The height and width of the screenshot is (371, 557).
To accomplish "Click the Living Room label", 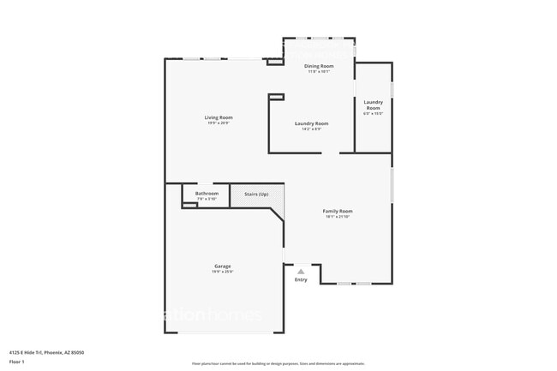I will point(219,117).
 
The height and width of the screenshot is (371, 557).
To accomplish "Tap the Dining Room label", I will point(320,66).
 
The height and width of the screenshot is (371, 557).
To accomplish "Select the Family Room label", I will point(338,211).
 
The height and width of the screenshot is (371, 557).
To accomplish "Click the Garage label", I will point(222,266).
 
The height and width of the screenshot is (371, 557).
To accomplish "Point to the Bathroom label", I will point(207,194).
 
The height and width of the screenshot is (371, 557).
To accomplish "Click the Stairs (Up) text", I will point(256,194).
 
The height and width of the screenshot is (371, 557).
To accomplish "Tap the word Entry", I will point(301,280).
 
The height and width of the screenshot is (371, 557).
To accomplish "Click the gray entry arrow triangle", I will point(301,272).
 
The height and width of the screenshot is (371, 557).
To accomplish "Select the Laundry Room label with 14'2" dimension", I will point(311,123).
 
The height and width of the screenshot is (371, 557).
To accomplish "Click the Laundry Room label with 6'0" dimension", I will point(373,105).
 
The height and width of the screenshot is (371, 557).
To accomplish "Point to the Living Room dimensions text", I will point(219,123).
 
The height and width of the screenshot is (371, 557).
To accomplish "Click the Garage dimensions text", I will point(222,272).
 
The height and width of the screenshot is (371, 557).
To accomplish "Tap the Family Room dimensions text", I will point(338,217).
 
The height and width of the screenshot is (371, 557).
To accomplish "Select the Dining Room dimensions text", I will point(320,72).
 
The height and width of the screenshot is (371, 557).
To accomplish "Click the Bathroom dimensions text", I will point(207,199).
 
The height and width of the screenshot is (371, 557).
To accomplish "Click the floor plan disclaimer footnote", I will point(278,363).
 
